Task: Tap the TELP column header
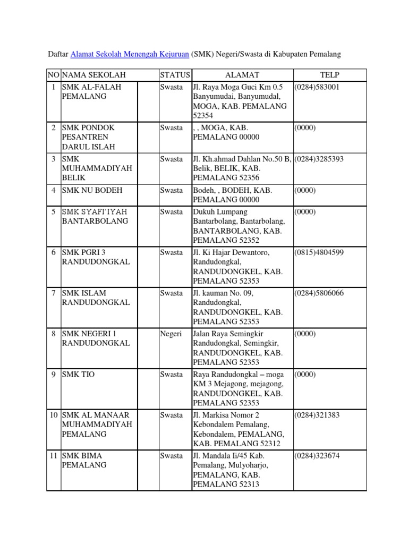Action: coord(329,75)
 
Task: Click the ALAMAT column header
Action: coord(242,75)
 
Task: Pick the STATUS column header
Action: coord(175,75)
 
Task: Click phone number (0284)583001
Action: coord(317,87)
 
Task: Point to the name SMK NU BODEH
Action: coord(92,190)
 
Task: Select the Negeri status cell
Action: coord(171,334)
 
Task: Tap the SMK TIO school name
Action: coord(78,375)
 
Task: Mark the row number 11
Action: coord(53,456)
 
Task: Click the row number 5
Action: coord(53,211)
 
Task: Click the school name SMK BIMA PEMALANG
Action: coord(84,461)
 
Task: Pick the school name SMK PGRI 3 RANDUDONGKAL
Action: coord(96,257)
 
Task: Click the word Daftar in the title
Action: coord(58,54)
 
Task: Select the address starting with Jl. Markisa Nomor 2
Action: coord(239,429)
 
